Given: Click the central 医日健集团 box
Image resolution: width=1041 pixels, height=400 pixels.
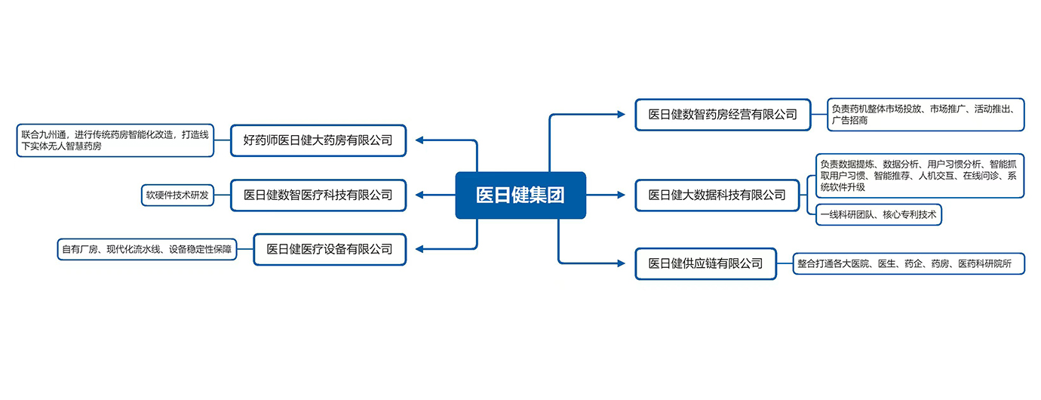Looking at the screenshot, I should point(520,195).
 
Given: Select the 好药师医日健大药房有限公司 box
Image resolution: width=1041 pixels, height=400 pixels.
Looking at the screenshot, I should point(318,140).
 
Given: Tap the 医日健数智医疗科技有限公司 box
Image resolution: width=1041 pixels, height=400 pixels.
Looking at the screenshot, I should point(318,195).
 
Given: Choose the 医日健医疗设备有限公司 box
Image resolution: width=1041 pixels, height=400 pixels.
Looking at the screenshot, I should point(330,249).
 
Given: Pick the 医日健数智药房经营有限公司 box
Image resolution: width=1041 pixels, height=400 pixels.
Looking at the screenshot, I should point(723,115).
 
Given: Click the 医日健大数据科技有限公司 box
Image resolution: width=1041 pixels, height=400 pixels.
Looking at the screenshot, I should point(717,195).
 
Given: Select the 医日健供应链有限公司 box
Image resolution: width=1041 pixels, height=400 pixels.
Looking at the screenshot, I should point(705,263).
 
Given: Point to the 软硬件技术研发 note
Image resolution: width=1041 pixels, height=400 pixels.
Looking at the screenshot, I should point(177,195).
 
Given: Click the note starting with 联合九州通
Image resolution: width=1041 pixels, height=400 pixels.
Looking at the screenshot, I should point(115,140).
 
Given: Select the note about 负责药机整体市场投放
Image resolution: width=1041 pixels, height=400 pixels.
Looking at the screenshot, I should point(926,114).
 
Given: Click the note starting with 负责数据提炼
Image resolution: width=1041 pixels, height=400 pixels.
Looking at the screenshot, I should point(920,176).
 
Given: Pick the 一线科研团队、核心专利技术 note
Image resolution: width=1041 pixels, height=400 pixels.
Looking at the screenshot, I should point(879,215).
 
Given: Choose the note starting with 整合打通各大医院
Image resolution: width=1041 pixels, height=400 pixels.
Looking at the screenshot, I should point(909,263).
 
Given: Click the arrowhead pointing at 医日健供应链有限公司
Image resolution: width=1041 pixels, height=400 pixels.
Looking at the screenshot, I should point(621,263).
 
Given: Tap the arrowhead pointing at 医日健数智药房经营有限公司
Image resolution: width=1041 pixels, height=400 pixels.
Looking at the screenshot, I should point(621,115).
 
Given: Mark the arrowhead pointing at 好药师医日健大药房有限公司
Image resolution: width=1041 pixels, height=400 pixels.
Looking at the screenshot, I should point(420,140).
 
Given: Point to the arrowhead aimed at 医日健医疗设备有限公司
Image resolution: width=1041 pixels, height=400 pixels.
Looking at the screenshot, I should point(420,249).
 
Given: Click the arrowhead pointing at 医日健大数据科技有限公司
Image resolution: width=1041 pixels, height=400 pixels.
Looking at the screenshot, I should point(621,195).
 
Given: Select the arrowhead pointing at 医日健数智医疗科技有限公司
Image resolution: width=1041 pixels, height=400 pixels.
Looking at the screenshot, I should point(420,195).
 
